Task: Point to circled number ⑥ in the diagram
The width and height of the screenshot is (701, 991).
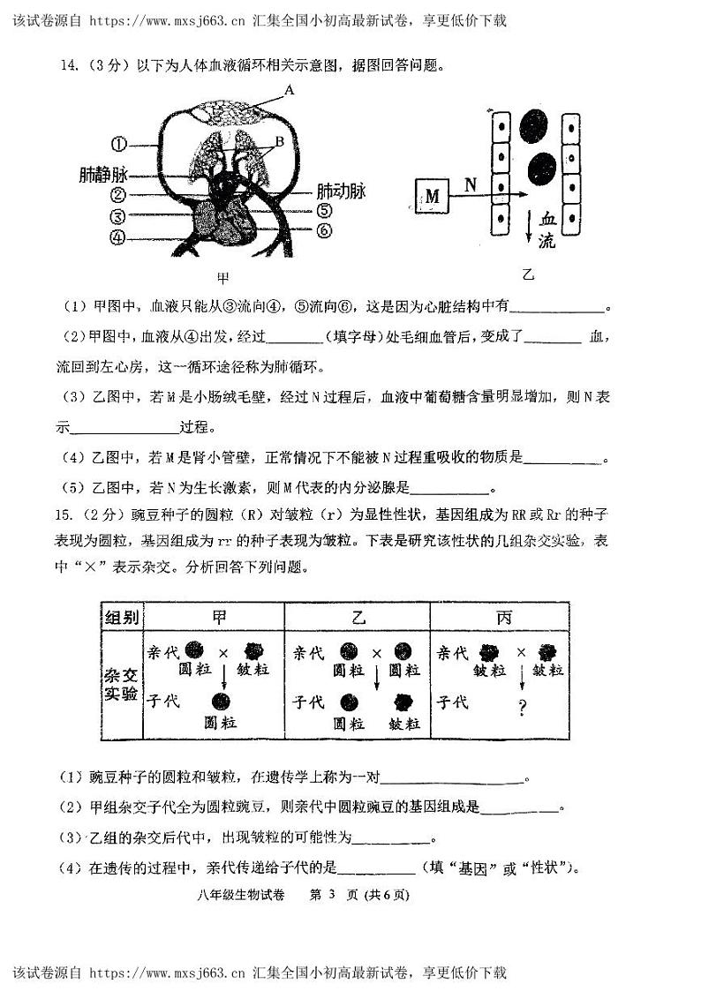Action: pyautogui.click(x=323, y=231)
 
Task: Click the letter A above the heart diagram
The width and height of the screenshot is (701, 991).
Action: pyautogui.click(x=289, y=90)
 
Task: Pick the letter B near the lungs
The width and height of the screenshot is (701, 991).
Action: pyautogui.click(x=278, y=141)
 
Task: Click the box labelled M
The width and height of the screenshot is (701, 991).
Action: pyautogui.click(x=432, y=196)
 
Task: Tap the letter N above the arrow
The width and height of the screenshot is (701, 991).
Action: pyautogui.click(x=471, y=184)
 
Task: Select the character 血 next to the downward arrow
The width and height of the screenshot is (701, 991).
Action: pyautogui.click(x=548, y=219)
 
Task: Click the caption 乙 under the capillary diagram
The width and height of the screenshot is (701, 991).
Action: pyautogui.click(x=528, y=275)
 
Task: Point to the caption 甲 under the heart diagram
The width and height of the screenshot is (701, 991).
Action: pyautogui.click(x=222, y=278)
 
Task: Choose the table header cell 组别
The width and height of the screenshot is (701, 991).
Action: pyautogui.click(x=121, y=617)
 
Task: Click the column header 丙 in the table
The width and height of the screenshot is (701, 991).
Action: pyautogui.click(x=503, y=617)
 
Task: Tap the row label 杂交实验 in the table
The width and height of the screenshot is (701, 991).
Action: pyautogui.click(x=121, y=683)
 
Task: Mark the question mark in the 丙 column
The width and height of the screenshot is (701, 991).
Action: pyautogui.click(x=522, y=707)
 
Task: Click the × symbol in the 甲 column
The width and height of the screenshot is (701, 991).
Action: pyautogui.click(x=222, y=654)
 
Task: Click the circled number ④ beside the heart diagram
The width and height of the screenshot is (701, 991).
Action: pyautogui.click(x=119, y=237)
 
